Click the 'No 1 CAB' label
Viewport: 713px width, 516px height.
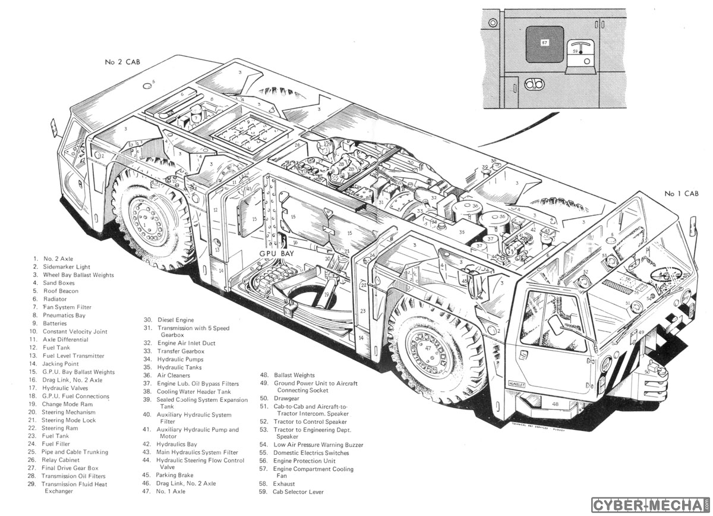coord(682,194)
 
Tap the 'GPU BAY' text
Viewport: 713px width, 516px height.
coord(277,253)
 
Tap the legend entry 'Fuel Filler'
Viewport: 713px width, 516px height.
coord(56,444)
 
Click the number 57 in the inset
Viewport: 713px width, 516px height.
coord(545,43)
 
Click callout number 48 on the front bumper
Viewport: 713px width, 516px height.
coord(555,404)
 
